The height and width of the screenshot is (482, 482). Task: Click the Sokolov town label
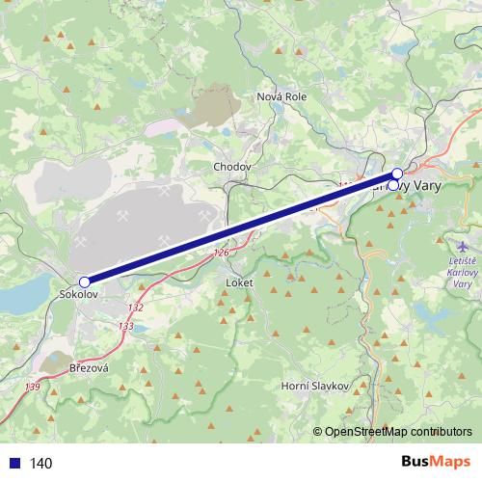(77, 293)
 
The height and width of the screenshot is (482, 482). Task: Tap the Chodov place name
(231, 167)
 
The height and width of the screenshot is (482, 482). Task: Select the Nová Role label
(281, 96)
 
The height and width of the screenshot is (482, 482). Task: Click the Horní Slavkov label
(314, 386)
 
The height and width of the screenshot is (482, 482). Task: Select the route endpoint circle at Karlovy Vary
(396, 174)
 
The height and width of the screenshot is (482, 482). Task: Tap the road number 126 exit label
(223, 254)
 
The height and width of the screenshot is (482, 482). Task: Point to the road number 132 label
(135, 308)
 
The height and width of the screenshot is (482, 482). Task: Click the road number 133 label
(126, 327)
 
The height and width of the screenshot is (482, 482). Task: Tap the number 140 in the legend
(41, 463)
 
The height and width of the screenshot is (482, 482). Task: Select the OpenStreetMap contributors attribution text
(397, 432)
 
